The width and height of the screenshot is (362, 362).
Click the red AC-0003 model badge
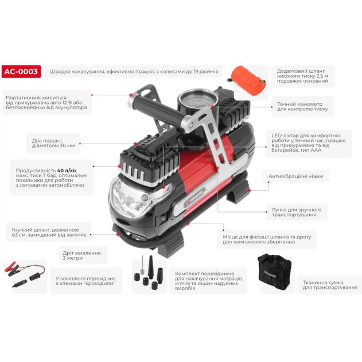21,71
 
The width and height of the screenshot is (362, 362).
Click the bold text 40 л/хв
67,171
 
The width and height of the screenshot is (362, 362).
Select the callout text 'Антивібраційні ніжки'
296,176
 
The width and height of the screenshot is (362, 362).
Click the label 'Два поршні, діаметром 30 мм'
53,143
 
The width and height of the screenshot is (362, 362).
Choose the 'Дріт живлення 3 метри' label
81,256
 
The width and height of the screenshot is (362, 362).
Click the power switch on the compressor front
162,219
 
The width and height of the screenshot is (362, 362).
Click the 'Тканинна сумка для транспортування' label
330,285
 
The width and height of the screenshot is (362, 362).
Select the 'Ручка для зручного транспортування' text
297,212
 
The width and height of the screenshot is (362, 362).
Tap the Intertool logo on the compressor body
195,198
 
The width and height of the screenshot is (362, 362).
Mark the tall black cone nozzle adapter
151,267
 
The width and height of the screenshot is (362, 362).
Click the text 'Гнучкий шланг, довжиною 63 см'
45,232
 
